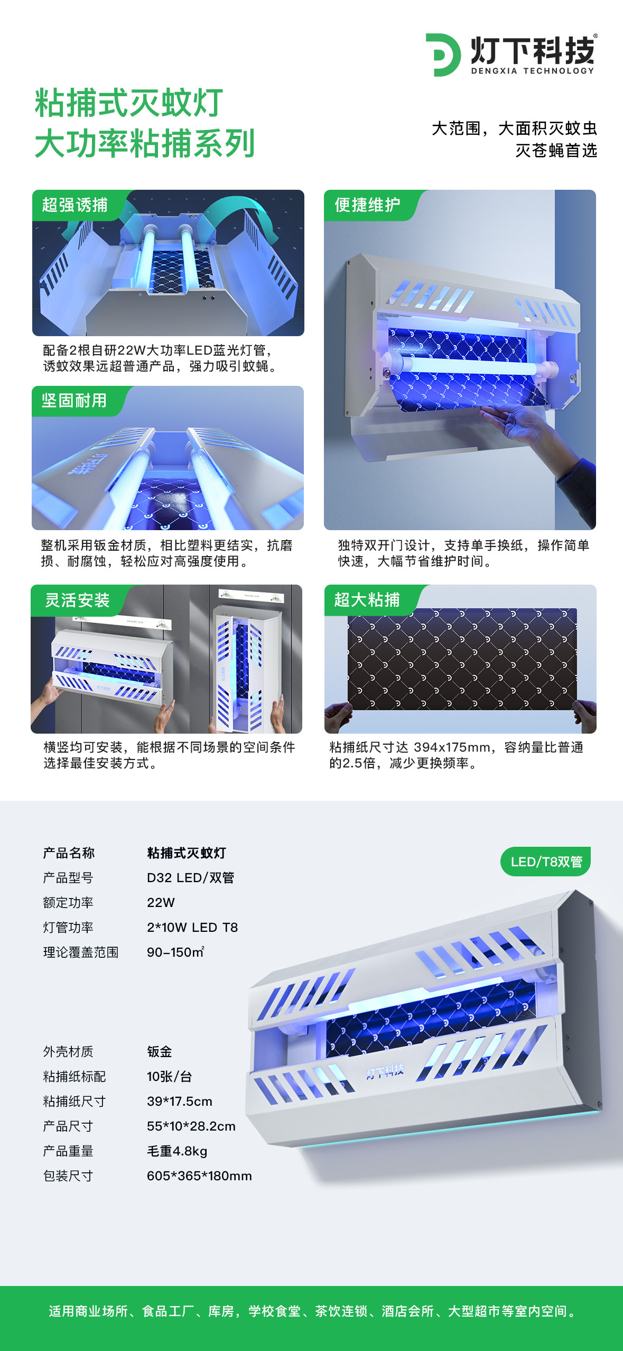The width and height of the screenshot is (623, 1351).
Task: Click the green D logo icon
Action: [443, 55]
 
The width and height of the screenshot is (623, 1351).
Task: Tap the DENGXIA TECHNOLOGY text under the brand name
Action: [533, 71]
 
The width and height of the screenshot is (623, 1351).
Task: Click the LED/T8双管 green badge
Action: [546, 862]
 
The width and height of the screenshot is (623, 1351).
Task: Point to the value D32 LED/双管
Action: [190, 877]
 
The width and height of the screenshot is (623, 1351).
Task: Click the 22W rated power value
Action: [161, 902]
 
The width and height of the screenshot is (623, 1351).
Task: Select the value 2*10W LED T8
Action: [192, 927]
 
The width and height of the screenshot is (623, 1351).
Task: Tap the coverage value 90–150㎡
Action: [175, 952]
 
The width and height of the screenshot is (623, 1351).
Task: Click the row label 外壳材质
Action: [68, 1051]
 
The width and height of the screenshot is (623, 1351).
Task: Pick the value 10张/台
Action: [169, 1076]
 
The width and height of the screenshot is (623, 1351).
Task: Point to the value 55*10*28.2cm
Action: [191, 1126]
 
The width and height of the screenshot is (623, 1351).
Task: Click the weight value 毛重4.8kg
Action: [177, 1151]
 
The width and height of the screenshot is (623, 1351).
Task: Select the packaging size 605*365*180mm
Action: [199, 1176]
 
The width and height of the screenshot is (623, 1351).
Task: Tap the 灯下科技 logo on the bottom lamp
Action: [385, 1071]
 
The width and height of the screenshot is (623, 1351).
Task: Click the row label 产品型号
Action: [68, 877]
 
